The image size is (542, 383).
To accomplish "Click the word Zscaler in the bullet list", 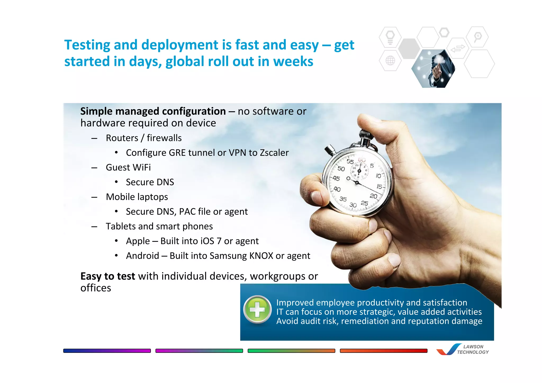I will pyautogui.click(x=274, y=153).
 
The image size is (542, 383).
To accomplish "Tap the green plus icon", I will pyautogui.click(x=257, y=309).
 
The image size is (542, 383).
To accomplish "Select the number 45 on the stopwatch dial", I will pyautogui.click(x=336, y=179).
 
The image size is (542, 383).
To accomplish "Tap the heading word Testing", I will pyautogui.click(x=87, y=45).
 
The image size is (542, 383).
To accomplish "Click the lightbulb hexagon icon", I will pyautogui.click(x=390, y=37).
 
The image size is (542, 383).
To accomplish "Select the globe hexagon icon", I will pyautogui.click(x=390, y=61).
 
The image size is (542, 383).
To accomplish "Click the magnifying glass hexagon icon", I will pyautogui.click(x=477, y=37).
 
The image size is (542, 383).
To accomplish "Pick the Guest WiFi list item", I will pyautogui.click(x=128, y=167).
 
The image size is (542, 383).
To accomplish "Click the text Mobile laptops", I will pyautogui.click(x=137, y=197).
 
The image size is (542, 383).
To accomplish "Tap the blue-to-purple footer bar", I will pyautogui.click(x=107, y=351).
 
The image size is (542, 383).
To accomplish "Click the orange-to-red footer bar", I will pyautogui.click(x=383, y=351).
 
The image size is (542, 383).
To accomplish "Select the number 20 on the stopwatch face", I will pyautogui.click(x=373, y=196).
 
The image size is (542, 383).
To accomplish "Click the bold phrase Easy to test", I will pyautogui.click(x=108, y=276).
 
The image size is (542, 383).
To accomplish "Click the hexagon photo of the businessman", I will pyautogui.click(x=433, y=69).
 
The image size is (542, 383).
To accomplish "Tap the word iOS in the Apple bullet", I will pyautogui.click(x=207, y=241).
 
